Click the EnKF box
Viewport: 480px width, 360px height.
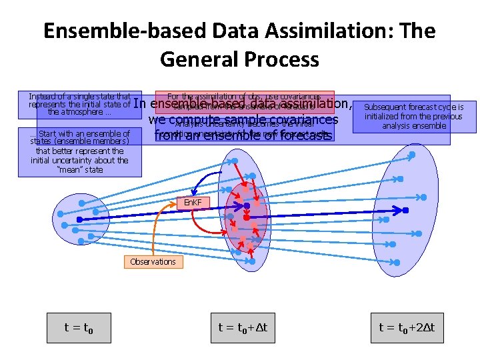tap(193, 202)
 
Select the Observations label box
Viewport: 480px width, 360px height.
tap(153, 261)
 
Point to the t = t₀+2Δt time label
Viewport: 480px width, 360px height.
tap(406, 327)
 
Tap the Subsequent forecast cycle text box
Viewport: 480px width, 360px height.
tap(413, 116)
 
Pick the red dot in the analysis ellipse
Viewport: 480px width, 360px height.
tap(246, 218)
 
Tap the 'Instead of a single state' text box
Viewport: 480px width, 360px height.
tap(79, 103)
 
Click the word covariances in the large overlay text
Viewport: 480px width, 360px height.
tap(299, 120)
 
